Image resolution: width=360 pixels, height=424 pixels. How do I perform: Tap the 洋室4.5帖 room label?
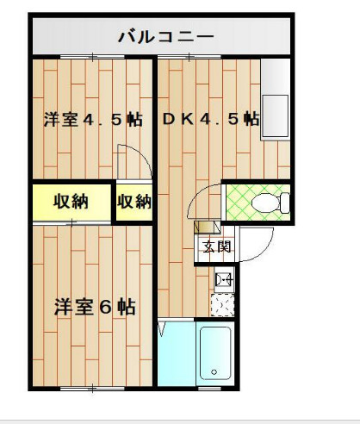93,120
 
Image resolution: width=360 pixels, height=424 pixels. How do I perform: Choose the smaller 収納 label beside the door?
133,203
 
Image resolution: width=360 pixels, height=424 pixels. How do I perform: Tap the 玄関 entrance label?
216,246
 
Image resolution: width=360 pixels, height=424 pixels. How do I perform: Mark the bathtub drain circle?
213,372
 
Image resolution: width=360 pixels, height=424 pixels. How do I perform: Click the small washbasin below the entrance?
223,278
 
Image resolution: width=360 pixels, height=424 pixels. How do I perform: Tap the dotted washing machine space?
223,305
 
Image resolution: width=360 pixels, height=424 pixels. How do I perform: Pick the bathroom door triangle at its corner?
163,328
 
